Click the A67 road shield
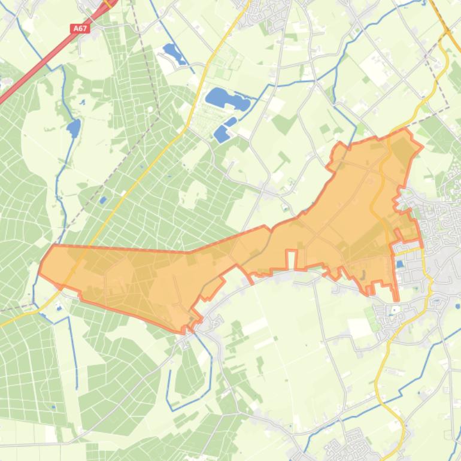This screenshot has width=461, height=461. (79, 28)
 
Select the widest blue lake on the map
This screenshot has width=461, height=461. (226, 99)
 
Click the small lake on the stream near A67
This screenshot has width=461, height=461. (74, 127)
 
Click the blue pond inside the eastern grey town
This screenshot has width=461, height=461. (399, 264)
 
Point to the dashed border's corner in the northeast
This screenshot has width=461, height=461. (448, 108)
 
